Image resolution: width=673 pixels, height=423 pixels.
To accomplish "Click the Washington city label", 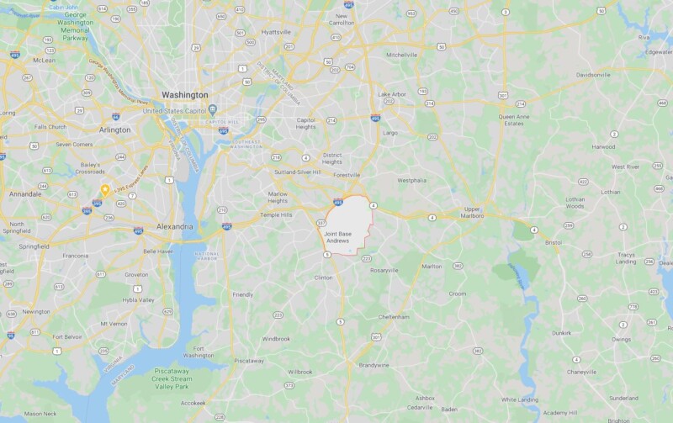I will point(184,95).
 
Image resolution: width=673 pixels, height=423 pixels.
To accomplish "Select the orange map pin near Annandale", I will point(105,191).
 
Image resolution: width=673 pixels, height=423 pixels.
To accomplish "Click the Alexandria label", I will point(174,227).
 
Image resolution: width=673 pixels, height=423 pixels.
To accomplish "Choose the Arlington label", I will point(115,130).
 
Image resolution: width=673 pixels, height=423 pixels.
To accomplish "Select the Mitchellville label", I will point(401,54).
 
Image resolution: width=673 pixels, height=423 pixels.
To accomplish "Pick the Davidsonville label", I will point(593,75).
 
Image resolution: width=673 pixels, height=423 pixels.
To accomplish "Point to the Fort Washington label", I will point(199,352).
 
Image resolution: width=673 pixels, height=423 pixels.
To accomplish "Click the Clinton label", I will point(324,277).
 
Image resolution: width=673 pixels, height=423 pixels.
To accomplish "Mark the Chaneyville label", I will point(581,371).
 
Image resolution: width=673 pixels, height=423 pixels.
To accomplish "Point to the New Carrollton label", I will point(342,19).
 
